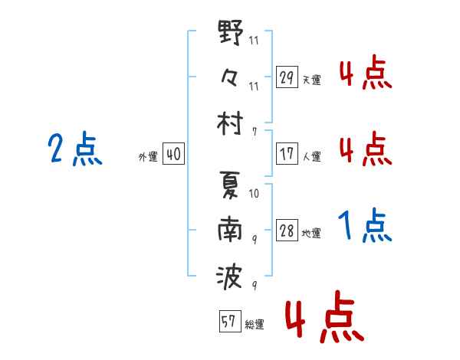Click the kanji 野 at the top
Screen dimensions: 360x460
pos(231,34)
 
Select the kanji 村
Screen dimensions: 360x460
pos(231,123)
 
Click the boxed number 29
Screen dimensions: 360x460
pos(287,78)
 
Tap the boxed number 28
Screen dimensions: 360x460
pos(287,232)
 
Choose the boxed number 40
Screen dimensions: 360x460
pos(173,155)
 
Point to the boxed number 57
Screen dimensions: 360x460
pos(228,322)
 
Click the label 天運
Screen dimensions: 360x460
pos(312,80)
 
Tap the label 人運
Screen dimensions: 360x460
pos(312,155)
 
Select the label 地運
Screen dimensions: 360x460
pos(312,234)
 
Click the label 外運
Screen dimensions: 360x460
pos(148,156)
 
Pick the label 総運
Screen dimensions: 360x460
pos(255,324)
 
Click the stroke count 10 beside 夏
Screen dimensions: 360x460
pos(254,193)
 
